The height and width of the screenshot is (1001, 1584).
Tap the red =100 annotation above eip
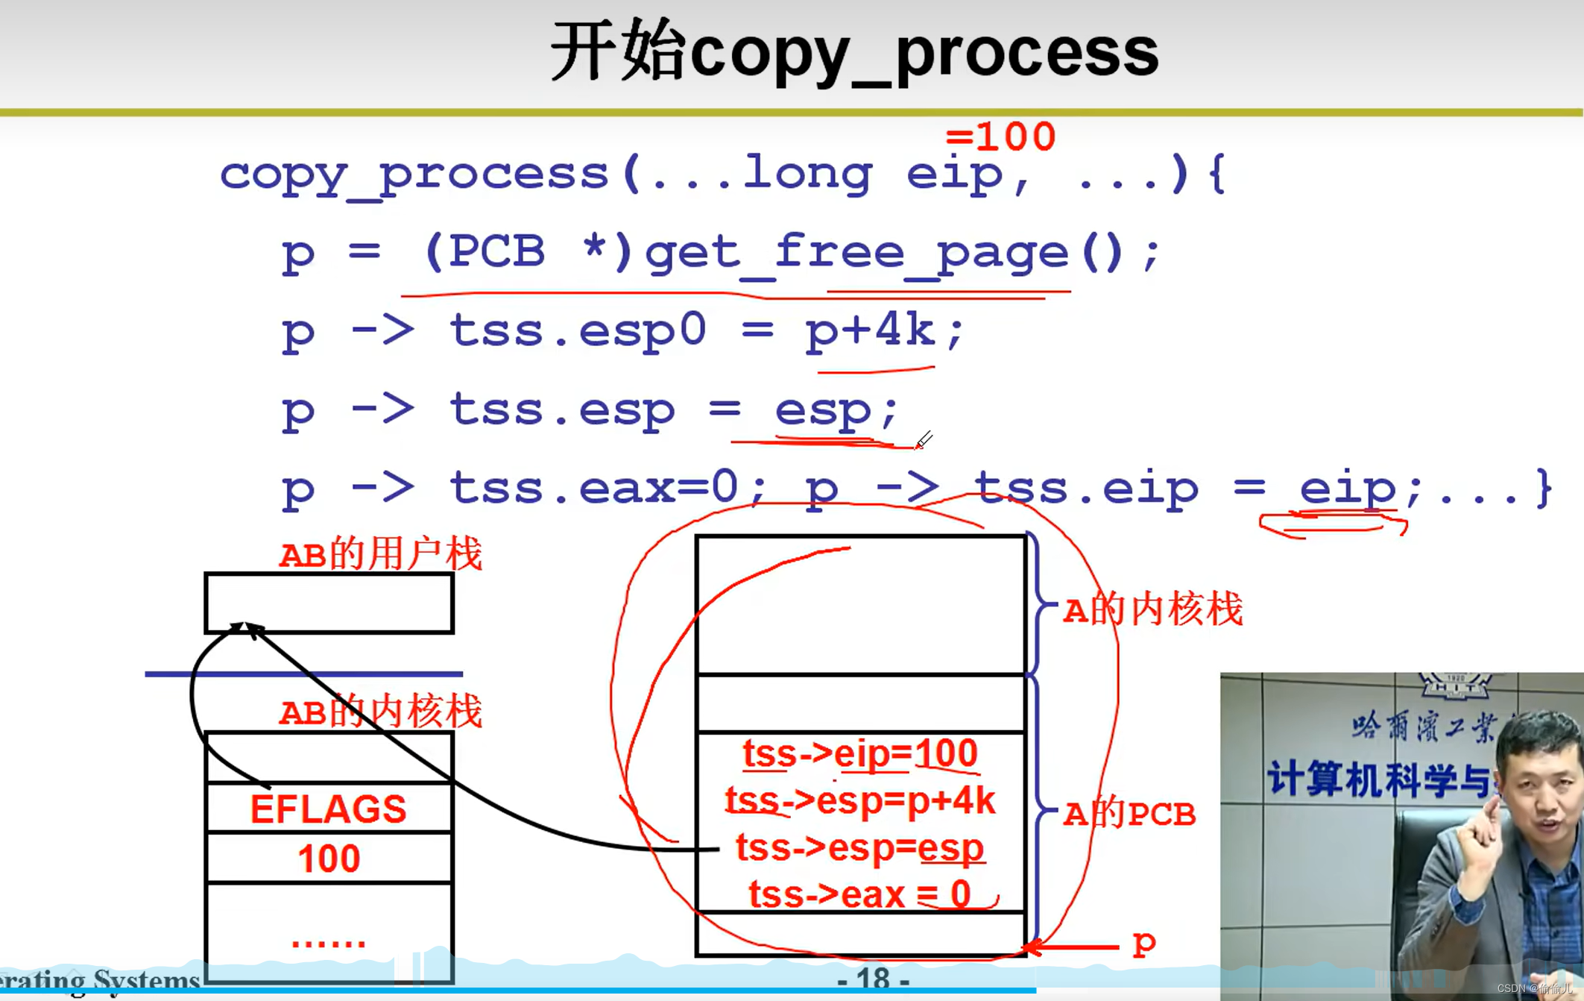(x=1000, y=137)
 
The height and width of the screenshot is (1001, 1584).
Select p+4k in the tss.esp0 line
(x=871, y=330)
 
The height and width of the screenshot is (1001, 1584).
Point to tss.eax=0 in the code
(x=593, y=489)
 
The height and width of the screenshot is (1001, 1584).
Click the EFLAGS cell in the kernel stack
(x=328, y=809)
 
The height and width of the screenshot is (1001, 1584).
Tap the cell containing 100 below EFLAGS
(x=329, y=859)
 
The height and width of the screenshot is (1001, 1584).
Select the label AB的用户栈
(x=380, y=554)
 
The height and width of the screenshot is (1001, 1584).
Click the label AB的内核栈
(x=380, y=712)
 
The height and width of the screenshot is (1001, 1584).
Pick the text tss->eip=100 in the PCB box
(x=860, y=753)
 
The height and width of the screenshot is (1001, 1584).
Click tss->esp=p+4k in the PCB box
(x=860, y=800)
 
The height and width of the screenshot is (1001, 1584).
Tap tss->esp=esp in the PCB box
(x=860, y=848)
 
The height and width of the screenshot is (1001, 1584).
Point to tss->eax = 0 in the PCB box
(x=860, y=894)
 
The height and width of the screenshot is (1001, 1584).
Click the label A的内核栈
(x=1152, y=609)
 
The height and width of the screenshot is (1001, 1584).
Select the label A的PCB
(x=1129, y=814)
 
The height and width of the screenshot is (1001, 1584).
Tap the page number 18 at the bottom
(x=873, y=978)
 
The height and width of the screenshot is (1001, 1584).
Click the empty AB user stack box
(x=329, y=603)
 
